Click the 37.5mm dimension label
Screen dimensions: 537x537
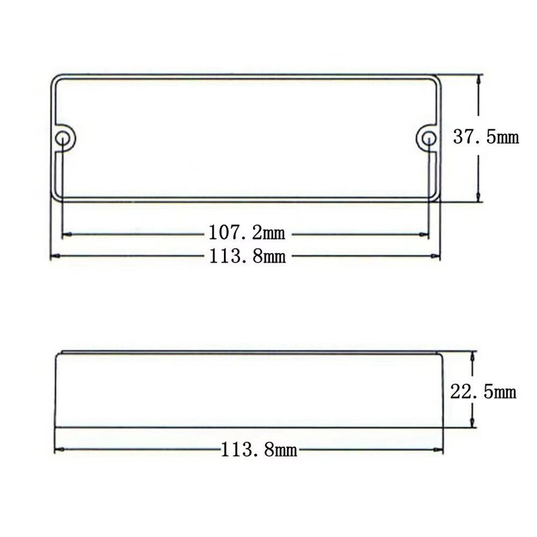click(485, 137)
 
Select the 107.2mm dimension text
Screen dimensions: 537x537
click(246, 233)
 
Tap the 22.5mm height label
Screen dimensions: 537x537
click(483, 392)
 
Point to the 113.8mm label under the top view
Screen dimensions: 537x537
click(247, 256)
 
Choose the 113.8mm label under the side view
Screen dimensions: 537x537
click(259, 449)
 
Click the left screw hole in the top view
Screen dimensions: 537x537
click(63, 139)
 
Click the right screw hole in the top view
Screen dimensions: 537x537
click(429, 139)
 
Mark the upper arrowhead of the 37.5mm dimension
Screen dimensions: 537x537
click(479, 79)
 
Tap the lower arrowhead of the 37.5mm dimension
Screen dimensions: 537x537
click(479, 197)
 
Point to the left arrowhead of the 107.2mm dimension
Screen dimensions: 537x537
click(67, 235)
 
